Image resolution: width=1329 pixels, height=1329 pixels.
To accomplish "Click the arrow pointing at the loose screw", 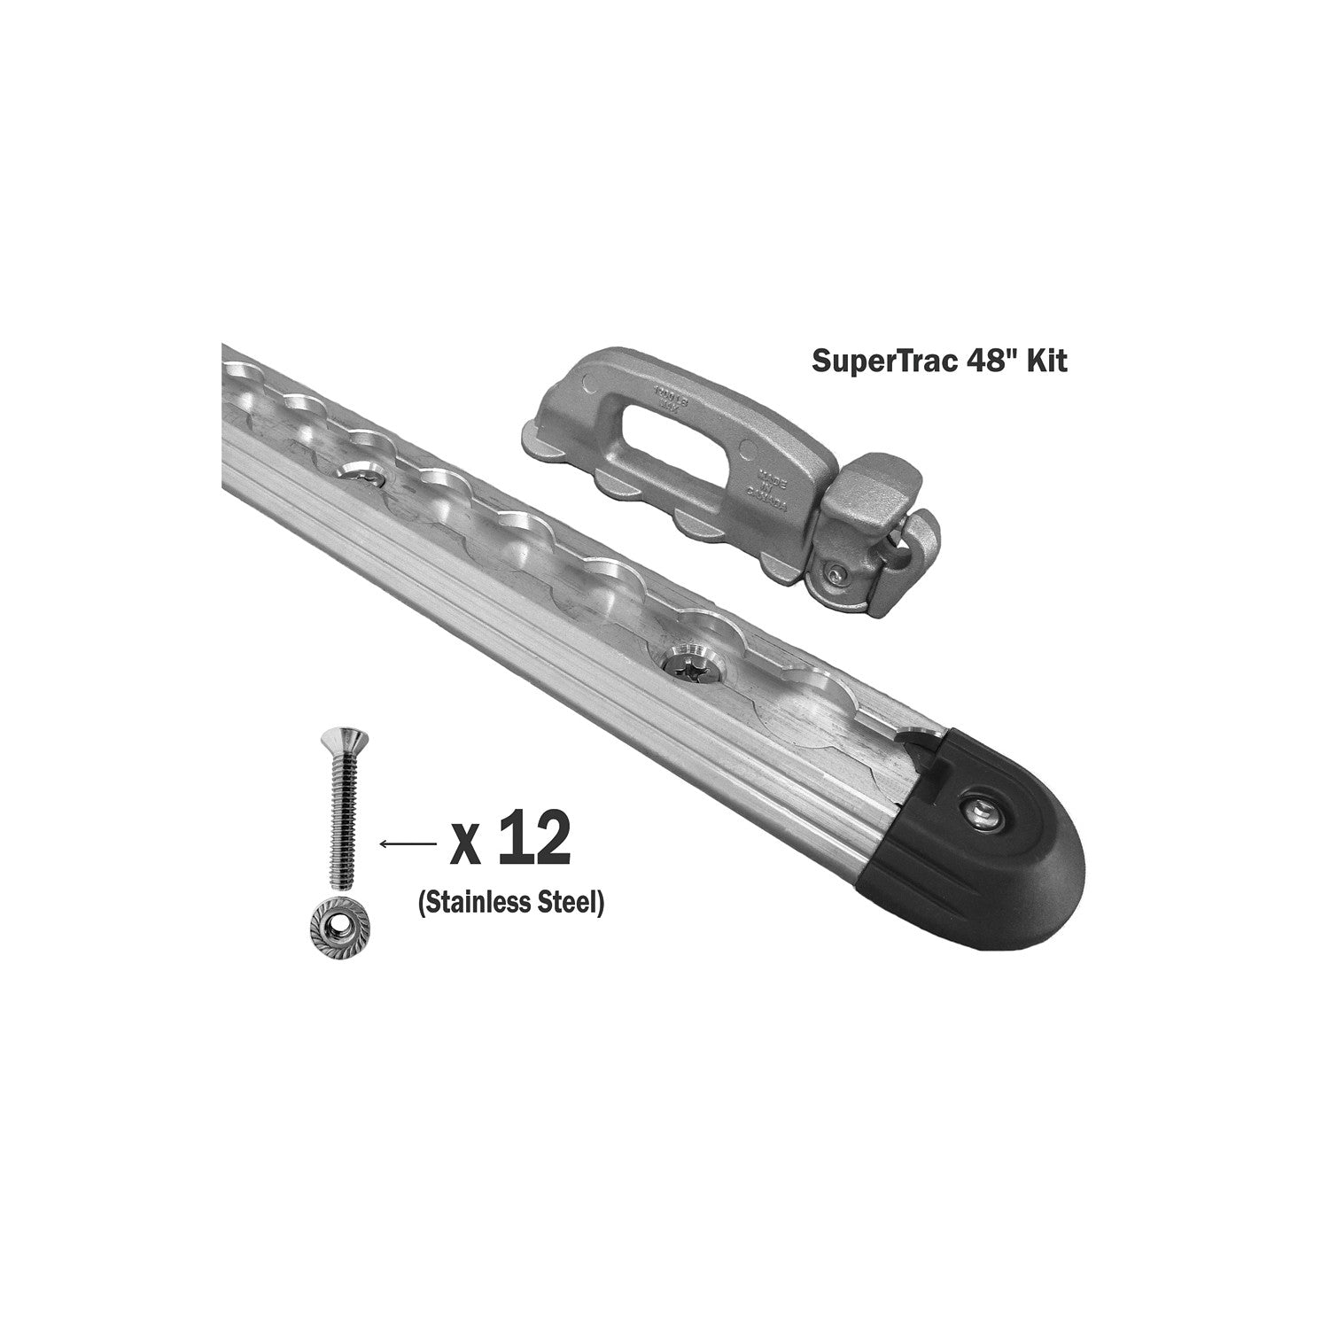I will coord(407,845).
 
